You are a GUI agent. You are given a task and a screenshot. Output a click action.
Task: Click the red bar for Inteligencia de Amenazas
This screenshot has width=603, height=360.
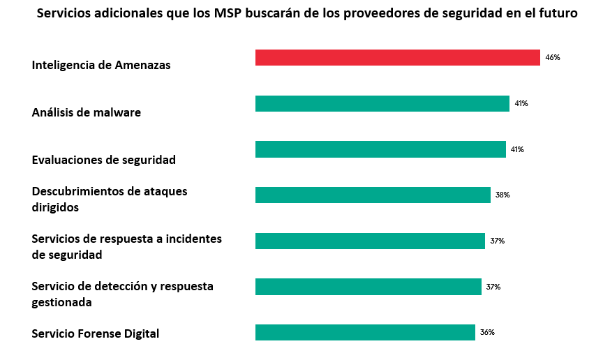(397, 57)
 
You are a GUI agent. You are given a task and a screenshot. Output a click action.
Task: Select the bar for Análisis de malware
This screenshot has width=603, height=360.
(382, 103)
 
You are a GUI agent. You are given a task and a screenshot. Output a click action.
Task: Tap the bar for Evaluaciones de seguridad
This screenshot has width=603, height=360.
(380, 149)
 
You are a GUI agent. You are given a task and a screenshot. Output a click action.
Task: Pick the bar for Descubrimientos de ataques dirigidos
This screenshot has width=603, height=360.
(373, 195)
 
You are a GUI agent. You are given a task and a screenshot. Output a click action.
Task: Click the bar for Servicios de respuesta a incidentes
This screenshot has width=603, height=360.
(370, 241)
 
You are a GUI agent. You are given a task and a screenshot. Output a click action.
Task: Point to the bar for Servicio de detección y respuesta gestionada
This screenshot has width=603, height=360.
(368, 287)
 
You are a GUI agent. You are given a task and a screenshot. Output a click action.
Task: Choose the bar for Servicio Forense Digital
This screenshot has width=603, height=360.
(365, 332)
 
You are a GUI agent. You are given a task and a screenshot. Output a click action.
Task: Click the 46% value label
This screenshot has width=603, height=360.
(553, 57)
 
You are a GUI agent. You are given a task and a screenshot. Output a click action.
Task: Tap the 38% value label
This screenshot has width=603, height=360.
(502, 195)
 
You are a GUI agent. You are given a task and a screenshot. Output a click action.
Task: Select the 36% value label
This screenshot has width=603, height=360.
(487, 333)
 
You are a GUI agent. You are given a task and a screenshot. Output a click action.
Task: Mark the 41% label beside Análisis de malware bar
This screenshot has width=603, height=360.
(521, 103)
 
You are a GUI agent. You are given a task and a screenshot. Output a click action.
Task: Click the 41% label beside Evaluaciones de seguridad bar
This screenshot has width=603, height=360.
(517, 149)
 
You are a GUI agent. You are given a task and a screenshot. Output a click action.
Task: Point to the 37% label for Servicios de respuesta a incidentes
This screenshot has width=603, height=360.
(497, 241)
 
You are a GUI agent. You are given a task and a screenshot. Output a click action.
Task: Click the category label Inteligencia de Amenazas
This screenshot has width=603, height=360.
(101, 65)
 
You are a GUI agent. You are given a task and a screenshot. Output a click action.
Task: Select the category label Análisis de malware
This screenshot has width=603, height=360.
(87, 112)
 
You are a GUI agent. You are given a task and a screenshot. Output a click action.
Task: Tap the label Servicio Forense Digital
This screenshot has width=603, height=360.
(96, 333)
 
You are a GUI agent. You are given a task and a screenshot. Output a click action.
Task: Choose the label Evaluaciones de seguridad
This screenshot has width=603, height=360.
(104, 160)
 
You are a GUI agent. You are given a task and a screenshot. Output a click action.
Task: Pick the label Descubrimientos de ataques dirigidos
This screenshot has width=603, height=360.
(110, 199)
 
